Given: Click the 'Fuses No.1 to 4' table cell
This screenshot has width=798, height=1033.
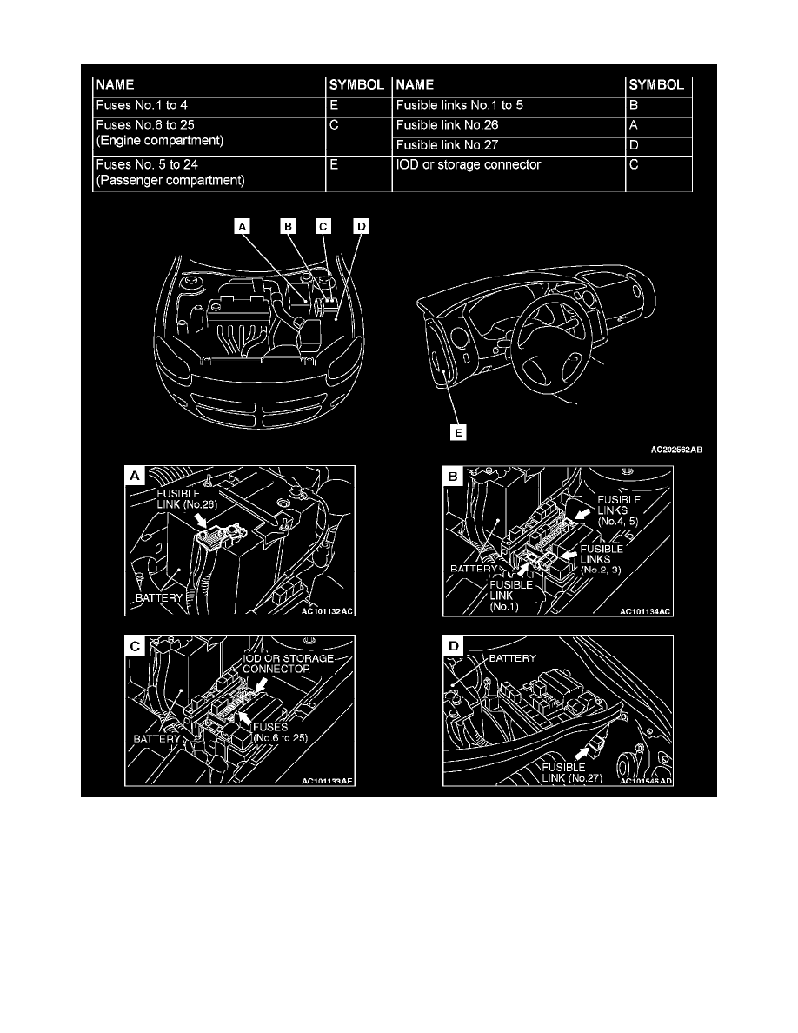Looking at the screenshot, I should [x=208, y=105].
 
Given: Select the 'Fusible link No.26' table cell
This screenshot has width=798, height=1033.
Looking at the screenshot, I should [x=509, y=125].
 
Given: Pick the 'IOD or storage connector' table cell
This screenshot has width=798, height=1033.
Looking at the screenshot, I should [x=509, y=165].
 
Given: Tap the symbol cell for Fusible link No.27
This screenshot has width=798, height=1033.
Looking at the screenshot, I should [x=658, y=145].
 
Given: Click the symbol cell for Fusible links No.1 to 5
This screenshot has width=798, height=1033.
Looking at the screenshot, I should [x=658, y=105].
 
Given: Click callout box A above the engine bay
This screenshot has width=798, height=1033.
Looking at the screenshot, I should [x=243, y=226].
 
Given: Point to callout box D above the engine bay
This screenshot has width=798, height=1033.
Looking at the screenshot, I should [x=361, y=226].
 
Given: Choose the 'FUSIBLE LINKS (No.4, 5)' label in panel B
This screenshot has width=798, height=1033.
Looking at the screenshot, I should [x=618, y=510].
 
